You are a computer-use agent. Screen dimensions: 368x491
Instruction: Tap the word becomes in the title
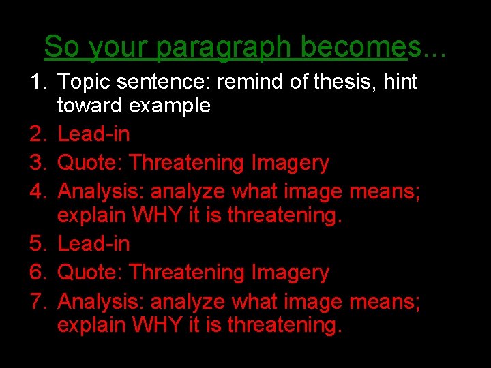click(360, 46)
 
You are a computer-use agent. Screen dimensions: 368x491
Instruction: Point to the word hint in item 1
click(401, 82)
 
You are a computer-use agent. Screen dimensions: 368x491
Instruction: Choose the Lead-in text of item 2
click(93, 134)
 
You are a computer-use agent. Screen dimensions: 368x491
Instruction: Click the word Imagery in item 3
click(291, 163)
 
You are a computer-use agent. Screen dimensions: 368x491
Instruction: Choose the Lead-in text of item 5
click(93, 243)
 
